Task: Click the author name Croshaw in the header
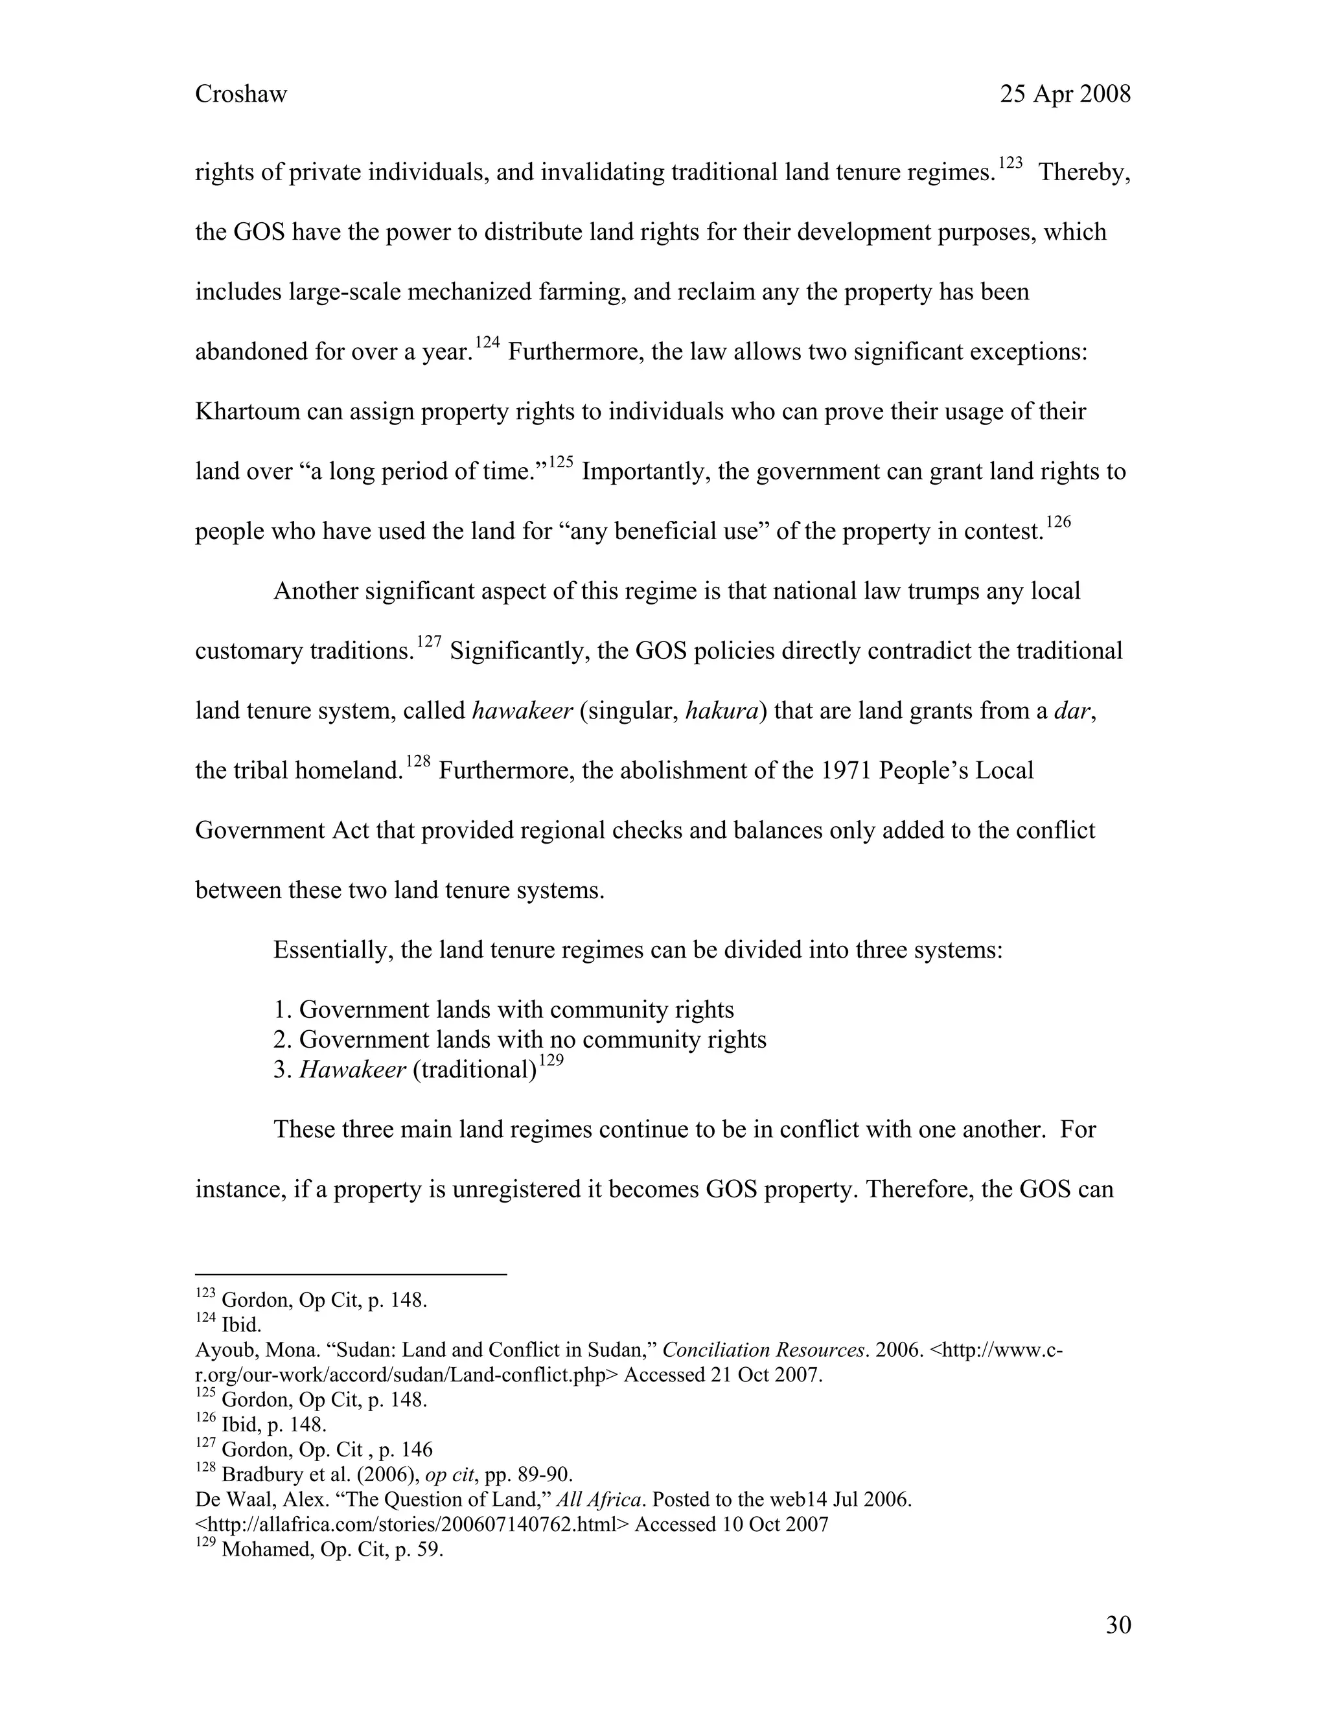[x=240, y=95]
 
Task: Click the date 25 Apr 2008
[x=1065, y=95]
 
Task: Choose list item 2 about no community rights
[x=519, y=1039]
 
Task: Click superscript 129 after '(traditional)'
[x=552, y=1061]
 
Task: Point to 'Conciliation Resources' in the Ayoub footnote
[x=763, y=1350]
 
